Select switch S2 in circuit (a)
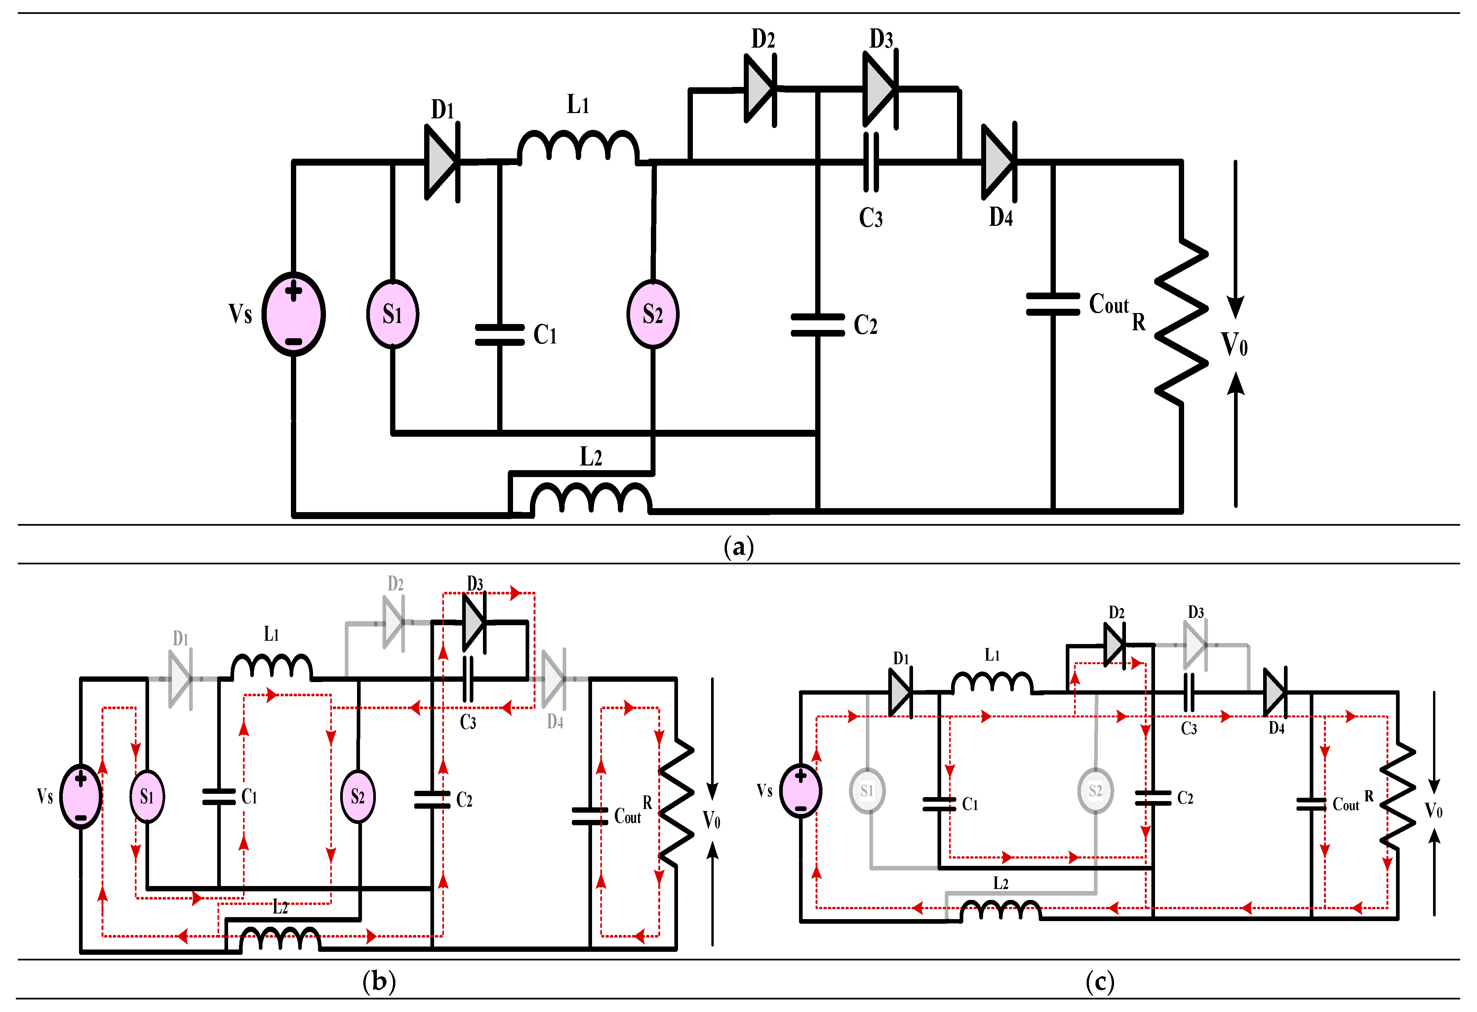coord(653,314)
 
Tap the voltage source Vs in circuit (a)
coord(294,314)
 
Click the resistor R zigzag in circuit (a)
coord(1181,321)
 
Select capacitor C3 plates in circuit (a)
coord(871,162)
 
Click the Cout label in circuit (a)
coord(1109,304)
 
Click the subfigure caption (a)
coord(738,547)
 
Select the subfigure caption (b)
coord(379,981)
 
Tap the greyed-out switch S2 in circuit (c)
coord(1095,791)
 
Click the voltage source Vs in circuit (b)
coord(81,796)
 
